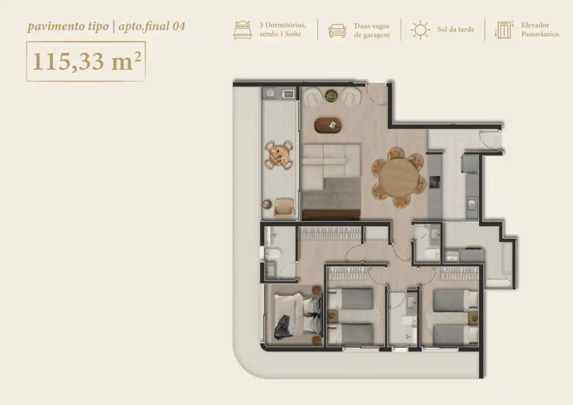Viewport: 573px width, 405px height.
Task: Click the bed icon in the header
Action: (x=243, y=30)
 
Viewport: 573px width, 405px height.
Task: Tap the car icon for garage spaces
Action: (x=337, y=31)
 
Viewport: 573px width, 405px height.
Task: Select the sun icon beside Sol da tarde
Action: (x=420, y=30)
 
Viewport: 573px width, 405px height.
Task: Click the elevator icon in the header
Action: (x=504, y=30)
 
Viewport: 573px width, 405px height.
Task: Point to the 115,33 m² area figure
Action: (x=87, y=61)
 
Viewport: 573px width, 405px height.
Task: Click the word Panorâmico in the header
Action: (x=540, y=34)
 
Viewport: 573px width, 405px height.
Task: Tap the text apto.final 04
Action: (x=152, y=26)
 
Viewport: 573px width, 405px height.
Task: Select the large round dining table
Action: (x=398, y=178)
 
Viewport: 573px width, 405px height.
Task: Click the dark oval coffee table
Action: (x=328, y=125)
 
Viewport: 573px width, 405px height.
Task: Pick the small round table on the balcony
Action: (x=279, y=155)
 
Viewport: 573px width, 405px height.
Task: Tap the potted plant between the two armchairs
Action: (x=331, y=96)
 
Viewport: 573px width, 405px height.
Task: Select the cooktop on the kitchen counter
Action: (x=434, y=181)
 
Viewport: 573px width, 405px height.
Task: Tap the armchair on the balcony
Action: (x=284, y=208)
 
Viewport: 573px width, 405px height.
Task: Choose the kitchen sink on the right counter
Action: (x=471, y=205)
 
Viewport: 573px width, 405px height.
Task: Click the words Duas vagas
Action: (x=372, y=26)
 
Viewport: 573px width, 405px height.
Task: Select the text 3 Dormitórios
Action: (x=283, y=25)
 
